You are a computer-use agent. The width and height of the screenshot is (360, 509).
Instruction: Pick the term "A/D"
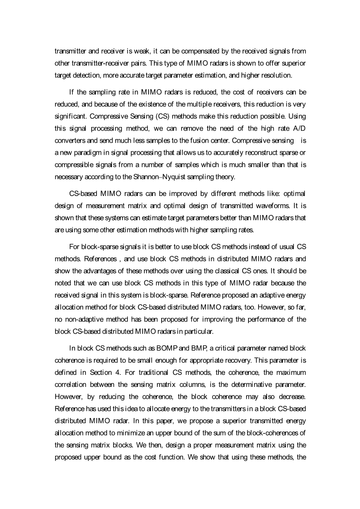pyautogui.click(x=298, y=128)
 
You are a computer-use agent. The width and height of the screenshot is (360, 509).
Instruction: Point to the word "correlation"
pyautogui.click(x=70, y=385)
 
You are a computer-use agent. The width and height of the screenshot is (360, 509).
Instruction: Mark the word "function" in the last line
pyautogui.click(x=171, y=457)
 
